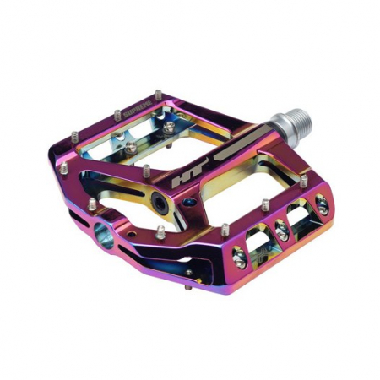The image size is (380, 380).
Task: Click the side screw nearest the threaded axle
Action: point(320,202)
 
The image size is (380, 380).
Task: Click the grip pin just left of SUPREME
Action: point(116,113)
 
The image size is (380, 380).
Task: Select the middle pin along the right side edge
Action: point(264,204)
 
